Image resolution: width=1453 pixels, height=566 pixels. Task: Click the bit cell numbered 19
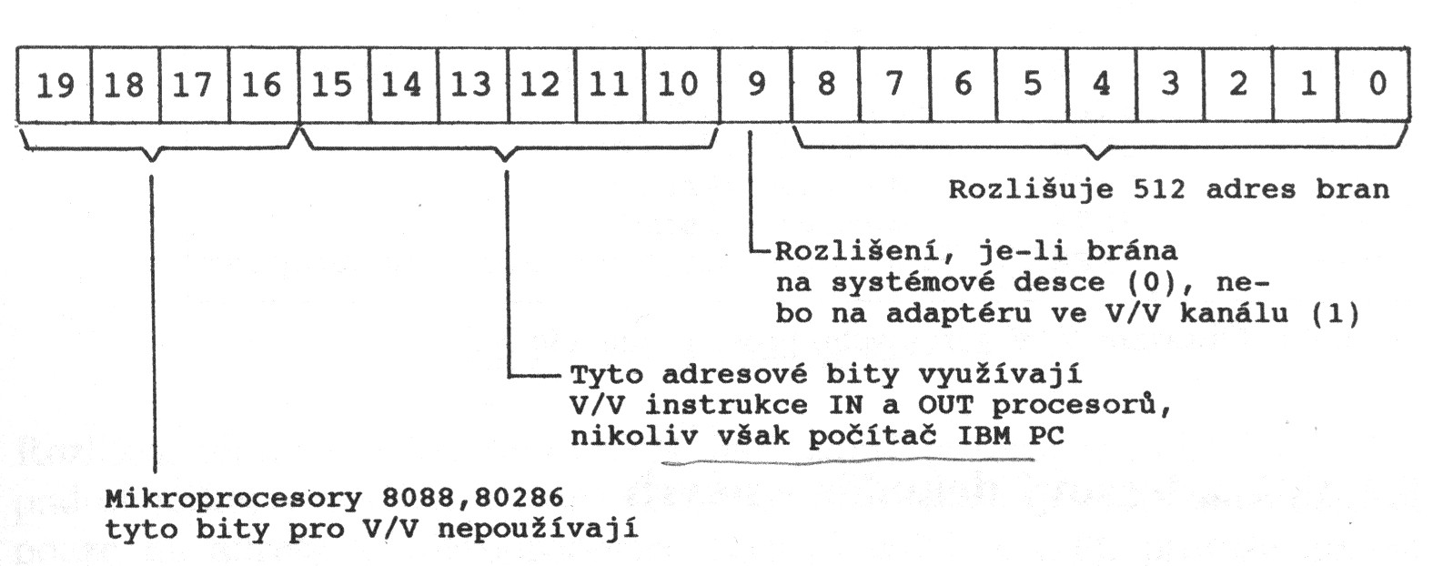[x=55, y=85]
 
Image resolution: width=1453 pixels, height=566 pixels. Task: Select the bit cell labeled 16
[x=263, y=85]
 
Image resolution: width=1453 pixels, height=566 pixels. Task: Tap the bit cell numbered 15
[x=333, y=85]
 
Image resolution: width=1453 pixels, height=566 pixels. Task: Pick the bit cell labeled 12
[x=540, y=85]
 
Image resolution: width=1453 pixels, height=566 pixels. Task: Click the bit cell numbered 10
[x=679, y=85]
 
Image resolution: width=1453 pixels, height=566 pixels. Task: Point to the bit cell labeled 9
[x=755, y=85]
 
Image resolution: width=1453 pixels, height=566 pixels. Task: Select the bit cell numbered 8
[x=826, y=85]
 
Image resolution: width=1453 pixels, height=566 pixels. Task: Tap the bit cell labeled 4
[x=1102, y=85]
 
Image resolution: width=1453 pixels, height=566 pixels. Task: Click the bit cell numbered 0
[x=1377, y=85]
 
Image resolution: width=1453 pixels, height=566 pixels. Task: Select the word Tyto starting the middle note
[x=607, y=374]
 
